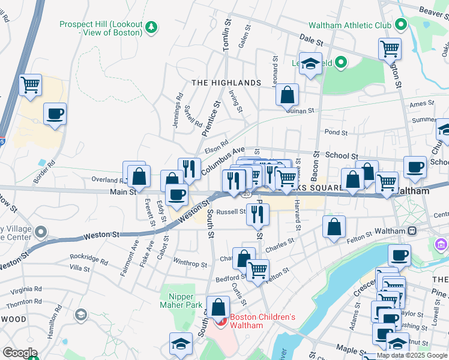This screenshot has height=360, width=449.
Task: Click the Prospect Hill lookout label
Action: coord(101,28)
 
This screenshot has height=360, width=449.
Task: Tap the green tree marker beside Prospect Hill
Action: coord(152,26)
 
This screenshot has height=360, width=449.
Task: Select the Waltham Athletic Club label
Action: coord(349,25)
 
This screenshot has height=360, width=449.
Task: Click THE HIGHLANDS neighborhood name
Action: coord(226,83)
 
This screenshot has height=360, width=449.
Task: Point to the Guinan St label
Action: coord(300,110)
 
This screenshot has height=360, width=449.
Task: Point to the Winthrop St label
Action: coord(190,263)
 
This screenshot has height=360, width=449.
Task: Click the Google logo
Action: coord(20,353)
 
